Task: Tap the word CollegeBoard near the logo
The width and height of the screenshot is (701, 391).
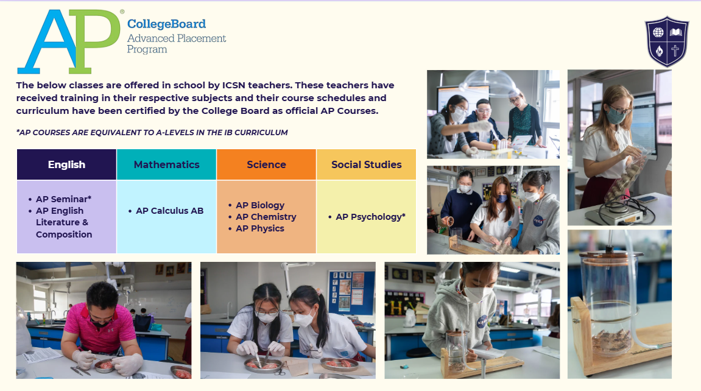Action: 166,24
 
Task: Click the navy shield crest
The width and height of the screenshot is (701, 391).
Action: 666,41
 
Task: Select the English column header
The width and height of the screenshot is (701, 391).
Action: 66,164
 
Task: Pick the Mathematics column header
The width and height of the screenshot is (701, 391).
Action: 166,164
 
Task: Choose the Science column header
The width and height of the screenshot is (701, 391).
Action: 266,164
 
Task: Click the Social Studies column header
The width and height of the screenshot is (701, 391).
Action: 366,164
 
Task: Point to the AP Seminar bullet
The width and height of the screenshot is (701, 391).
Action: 63,199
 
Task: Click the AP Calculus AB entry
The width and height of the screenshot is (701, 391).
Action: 169,211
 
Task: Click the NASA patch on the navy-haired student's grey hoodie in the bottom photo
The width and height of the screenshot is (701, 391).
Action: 482,322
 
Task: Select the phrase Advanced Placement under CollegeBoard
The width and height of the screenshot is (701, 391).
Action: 177,38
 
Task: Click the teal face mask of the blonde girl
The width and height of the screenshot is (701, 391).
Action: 616,116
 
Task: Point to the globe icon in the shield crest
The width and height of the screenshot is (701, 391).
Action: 658,32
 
